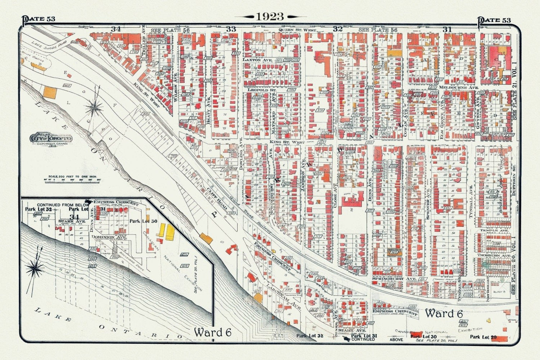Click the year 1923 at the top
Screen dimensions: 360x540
pos(270,17)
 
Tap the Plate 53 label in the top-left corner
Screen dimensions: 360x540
pos(40,19)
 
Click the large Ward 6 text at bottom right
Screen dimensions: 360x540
pos(444,313)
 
